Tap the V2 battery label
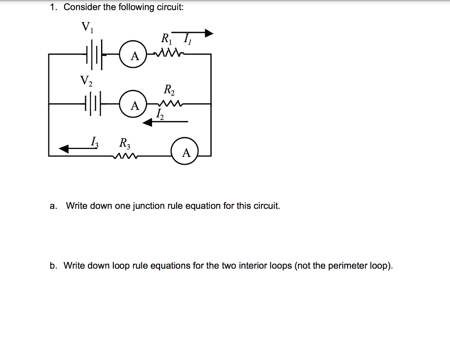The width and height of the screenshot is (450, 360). click(86, 80)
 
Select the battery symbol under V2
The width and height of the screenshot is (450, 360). click(93, 105)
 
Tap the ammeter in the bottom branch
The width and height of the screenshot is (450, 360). click(186, 152)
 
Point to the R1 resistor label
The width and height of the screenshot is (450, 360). click(167, 39)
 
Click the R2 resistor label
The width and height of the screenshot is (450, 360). click(169, 90)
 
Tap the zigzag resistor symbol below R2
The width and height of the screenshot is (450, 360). click(169, 104)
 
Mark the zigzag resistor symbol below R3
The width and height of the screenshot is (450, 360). click(125, 155)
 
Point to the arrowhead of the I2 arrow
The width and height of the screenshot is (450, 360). click(149, 123)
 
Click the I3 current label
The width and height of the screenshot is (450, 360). click(94, 142)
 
